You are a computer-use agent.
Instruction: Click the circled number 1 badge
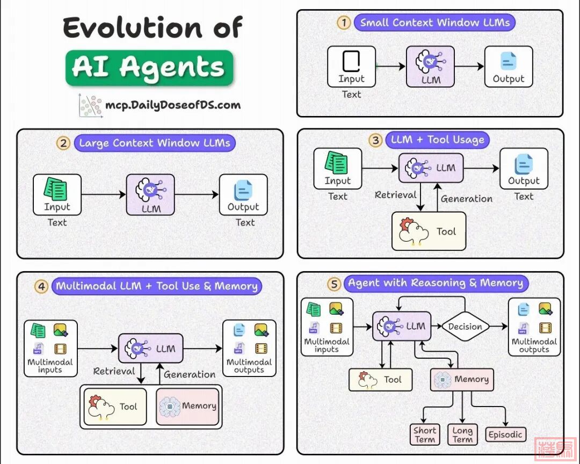pyautogui.click(x=344, y=23)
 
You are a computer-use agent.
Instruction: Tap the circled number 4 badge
pyautogui.click(x=41, y=286)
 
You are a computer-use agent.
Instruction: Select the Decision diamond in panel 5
pyautogui.click(x=465, y=326)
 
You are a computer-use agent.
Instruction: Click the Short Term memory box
pyautogui.click(x=425, y=434)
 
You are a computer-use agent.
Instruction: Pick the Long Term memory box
pyautogui.click(x=462, y=434)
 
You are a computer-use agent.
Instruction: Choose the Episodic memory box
pyautogui.click(x=505, y=434)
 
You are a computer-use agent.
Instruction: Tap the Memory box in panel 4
pyautogui.click(x=188, y=407)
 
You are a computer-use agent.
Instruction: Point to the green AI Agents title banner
pyautogui.click(x=149, y=68)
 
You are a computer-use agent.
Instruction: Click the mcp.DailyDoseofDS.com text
pyautogui.click(x=173, y=105)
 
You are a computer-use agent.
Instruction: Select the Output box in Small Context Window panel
pyautogui.click(x=508, y=67)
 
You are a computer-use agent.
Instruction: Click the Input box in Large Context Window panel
pyautogui.click(x=57, y=194)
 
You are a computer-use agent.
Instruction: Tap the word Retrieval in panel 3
pyautogui.click(x=396, y=194)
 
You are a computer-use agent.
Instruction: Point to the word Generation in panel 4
pyautogui.click(x=190, y=374)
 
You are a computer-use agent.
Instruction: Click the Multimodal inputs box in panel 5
pyautogui.click(x=327, y=327)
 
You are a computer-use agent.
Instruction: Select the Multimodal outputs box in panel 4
pyautogui.click(x=249, y=347)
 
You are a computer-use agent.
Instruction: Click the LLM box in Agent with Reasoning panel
pyautogui.click(x=402, y=326)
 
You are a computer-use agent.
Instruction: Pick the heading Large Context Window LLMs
pyautogui.click(x=154, y=143)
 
